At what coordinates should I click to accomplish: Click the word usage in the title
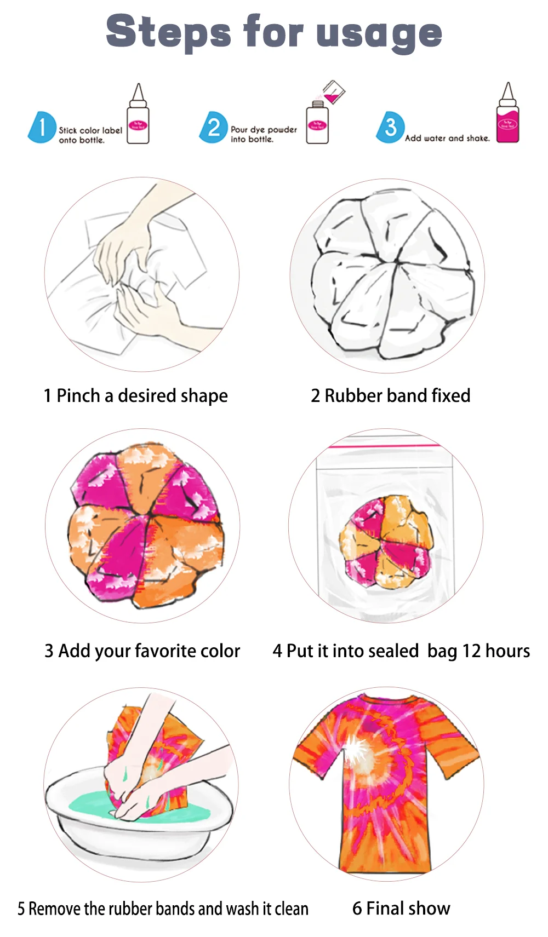(x=379, y=33)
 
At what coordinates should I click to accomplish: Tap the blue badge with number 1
(x=42, y=128)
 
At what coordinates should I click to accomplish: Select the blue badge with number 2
(x=213, y=128)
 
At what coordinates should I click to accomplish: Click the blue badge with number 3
(x=390, y=127)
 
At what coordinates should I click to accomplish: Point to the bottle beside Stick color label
(x=138, y=118)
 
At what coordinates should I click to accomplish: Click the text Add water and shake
(x=447, y=139)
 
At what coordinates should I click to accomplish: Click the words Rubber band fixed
(x=397, y=395)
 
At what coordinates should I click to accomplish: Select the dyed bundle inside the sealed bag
(x=385, y=541)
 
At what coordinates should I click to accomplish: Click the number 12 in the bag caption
(x=472, y=651)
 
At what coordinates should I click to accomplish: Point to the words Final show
(x=408, y=908)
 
